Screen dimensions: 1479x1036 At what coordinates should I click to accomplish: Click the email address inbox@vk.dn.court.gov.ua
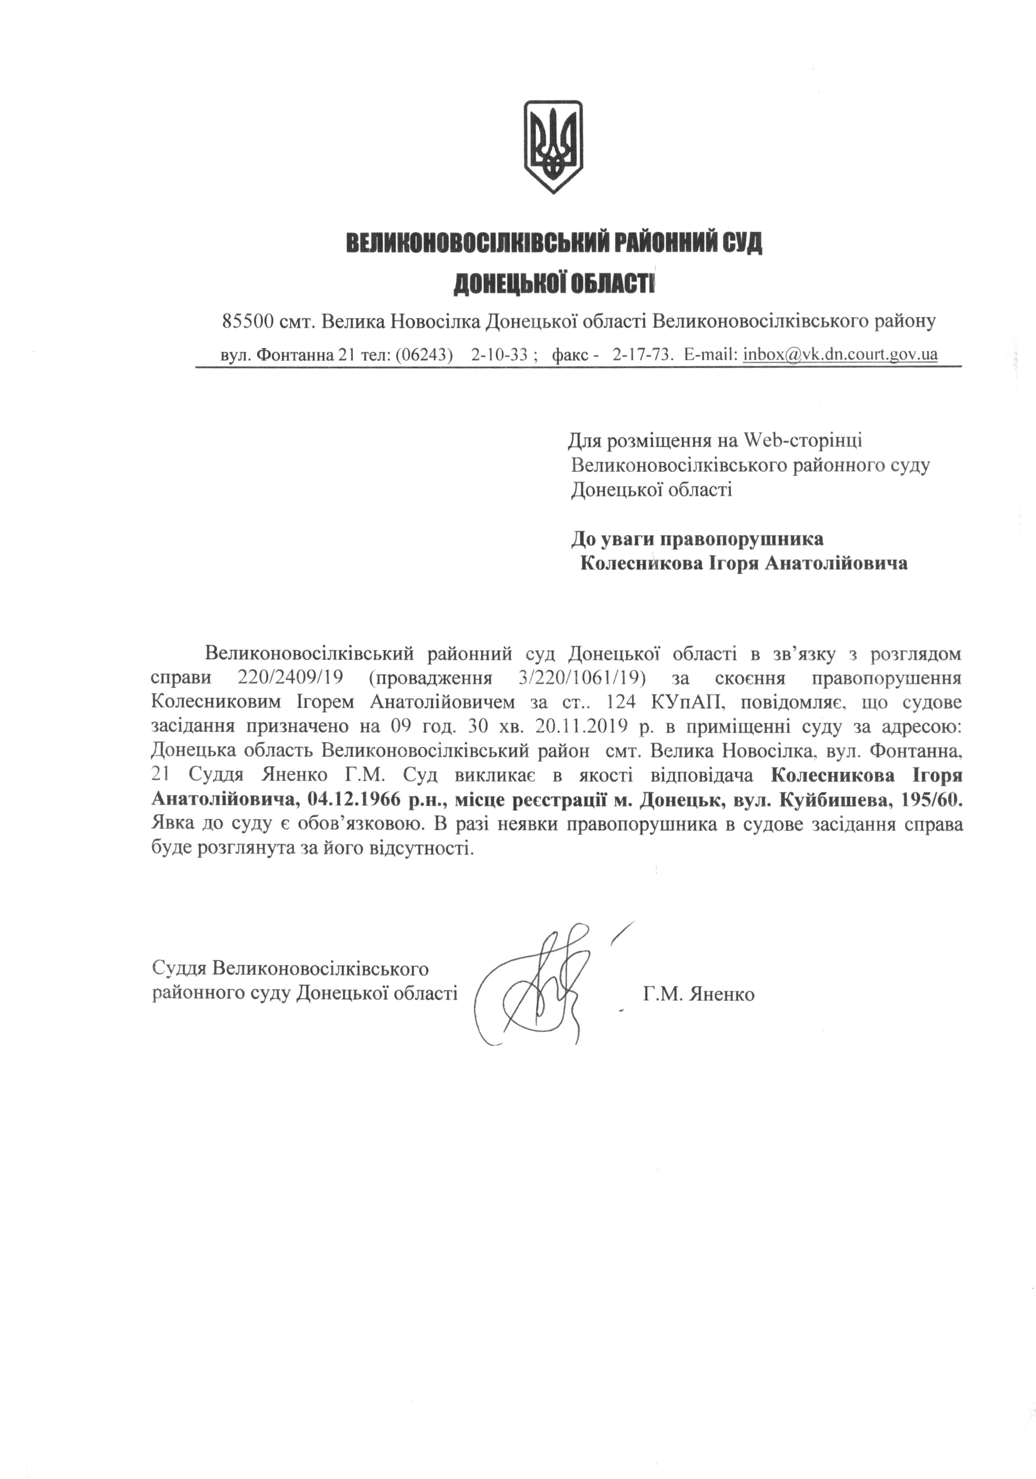[x=840, y=354]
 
